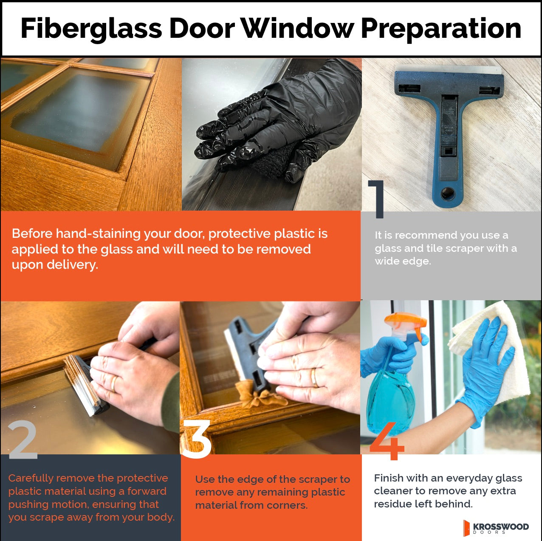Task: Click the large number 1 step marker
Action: [x=376, y=199]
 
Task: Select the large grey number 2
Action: [x=23, y=440]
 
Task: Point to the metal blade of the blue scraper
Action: [x=449, y=70]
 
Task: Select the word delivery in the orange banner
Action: [x=72, y=265]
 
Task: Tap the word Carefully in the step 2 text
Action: [x=31, y=478]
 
